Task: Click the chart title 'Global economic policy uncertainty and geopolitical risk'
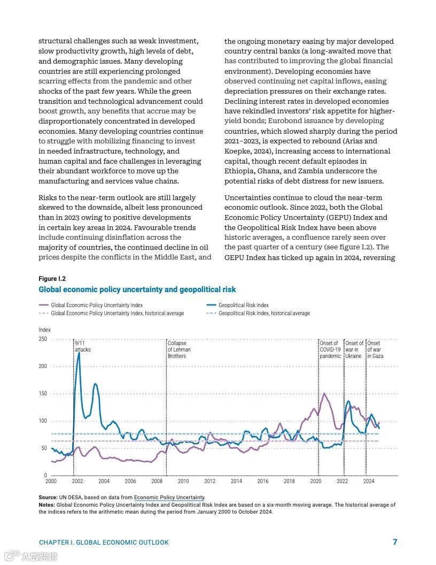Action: pos(137,289)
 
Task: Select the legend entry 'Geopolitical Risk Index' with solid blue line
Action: pos(243,305)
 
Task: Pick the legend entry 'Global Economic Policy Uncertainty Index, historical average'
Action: pos(117,313)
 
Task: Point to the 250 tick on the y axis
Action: pos(43,339)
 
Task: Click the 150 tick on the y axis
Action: pos(43,394)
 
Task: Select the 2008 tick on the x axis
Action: pos(157,482)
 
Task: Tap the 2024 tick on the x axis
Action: pos(369,482)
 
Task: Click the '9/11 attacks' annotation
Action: pos(83,346)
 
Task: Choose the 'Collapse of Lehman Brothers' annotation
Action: pos(179,349)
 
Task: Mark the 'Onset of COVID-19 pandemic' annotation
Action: pos(330,349)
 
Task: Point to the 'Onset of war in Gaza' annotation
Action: pos(375,349)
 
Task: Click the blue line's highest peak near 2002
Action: pos(79,353)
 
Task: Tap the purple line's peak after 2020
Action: pos(324,394)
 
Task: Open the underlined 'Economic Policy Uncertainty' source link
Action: pos(169,498)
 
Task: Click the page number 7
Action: pos(395,542)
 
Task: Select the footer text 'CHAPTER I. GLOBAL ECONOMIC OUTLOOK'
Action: pos(104,543)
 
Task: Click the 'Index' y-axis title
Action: pos(44,330)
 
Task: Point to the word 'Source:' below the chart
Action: pos(48,498)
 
